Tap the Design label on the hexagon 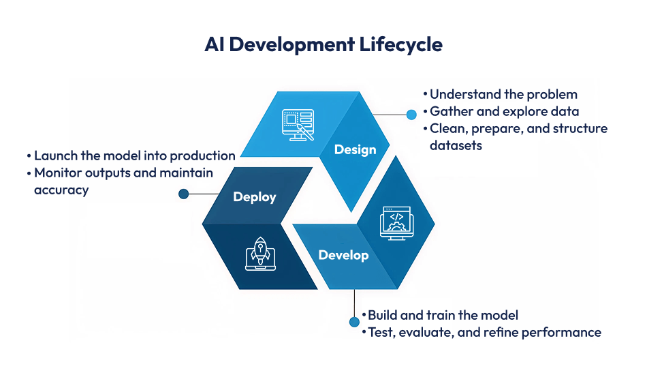pos(355,149)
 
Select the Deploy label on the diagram pos(255,197)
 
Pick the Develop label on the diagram pos(343,255)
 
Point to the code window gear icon pos(396,222)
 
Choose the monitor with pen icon pos(298,125)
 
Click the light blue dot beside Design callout pos(411,115)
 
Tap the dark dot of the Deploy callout pos(183,194)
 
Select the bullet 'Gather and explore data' pos(504,111)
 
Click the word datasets pos(456,145)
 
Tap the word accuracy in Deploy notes pos(61,190)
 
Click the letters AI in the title pos(215,45)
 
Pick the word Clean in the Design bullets pos(447,128)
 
